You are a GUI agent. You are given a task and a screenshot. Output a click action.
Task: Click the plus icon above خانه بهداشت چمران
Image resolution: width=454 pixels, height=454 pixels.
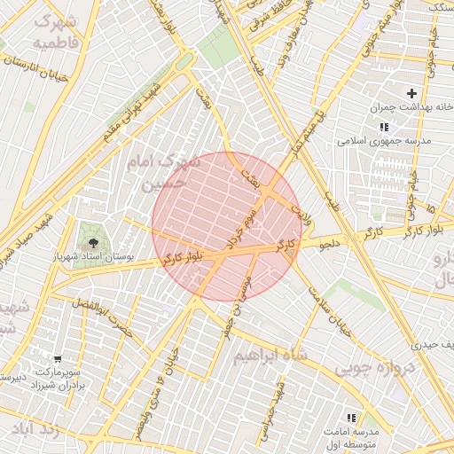click(x=411, y=93)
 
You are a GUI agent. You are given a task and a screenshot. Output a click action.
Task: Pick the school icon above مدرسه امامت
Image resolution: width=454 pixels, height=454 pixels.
click(x=351, y=417)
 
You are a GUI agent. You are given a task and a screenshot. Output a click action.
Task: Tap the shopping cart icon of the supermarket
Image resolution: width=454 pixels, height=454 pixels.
click(x=58, y=360)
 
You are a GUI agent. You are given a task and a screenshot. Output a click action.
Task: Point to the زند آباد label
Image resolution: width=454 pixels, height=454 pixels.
click(x=35, y=430)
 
